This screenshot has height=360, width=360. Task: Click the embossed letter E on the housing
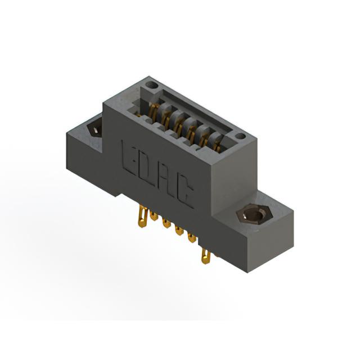[x=130, y=159]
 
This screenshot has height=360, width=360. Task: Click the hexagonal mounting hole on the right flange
[x=254, y=215]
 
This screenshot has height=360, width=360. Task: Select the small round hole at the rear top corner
[x=153, y=85]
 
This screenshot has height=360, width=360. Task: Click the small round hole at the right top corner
[x=240, y=136]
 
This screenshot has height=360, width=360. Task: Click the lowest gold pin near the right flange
[x=206, y=256]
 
